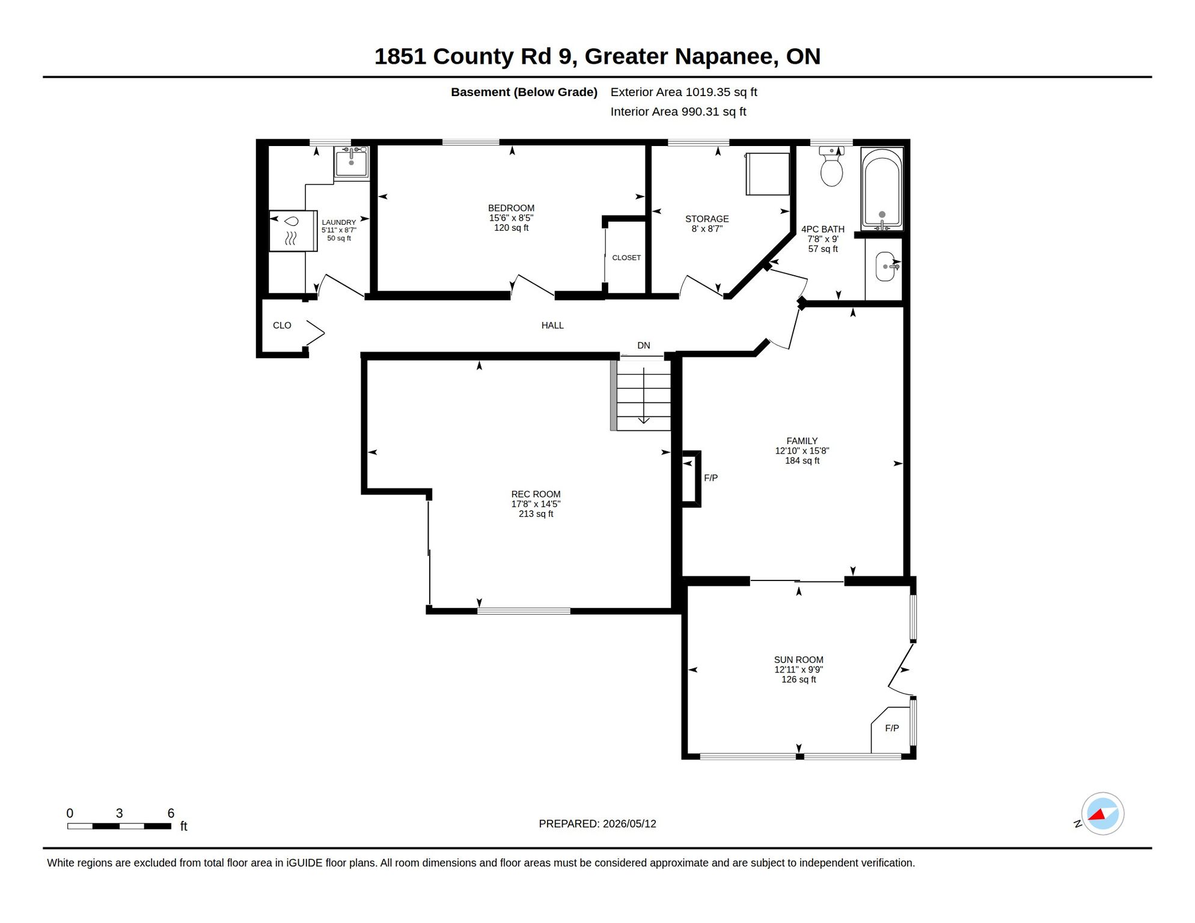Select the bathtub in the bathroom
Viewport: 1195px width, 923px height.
point(882,189)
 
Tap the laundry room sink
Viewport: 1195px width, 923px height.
point(352,162)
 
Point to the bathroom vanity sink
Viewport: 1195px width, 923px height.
point(886,266)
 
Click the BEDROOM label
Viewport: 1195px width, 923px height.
point(511,208)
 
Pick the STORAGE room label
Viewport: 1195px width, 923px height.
point(707,219)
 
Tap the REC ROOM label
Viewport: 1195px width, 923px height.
point(536,494)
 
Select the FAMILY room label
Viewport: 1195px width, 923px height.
point(802,440)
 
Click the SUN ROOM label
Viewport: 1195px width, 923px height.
point(798,659)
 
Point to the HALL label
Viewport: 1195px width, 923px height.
point(552,325)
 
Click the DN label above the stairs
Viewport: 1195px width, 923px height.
point(644,345)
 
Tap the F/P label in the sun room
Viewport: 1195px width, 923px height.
point(892,728)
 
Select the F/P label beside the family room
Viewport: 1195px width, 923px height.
point(711,478)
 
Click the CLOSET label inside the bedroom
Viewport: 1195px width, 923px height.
point(626,257)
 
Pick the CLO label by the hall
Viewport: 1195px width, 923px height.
point(282,325)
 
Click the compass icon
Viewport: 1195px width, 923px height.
point(1102,814)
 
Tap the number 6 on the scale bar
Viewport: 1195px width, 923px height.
point(171,813)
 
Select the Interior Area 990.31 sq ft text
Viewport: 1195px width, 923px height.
point(678,112)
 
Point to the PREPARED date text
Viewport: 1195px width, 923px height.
point(597,824)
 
